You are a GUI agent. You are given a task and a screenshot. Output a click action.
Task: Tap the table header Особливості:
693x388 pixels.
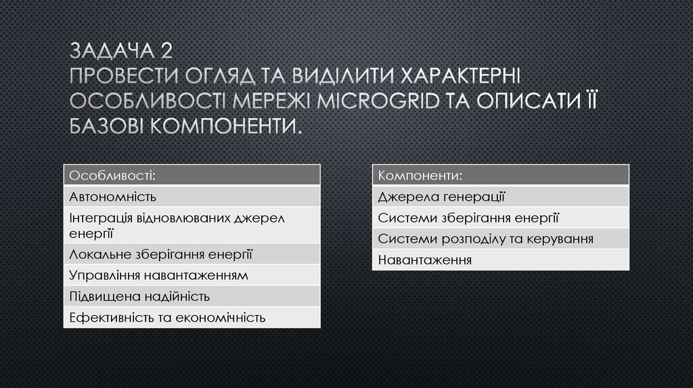[x=192, y=176]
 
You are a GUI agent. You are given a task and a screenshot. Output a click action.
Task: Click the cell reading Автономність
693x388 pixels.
[x=192, y=197]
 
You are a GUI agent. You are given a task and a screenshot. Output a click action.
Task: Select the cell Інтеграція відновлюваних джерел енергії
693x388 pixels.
[x=192, y=225]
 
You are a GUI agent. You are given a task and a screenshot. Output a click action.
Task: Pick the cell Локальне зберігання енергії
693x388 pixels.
[x=192, y=253]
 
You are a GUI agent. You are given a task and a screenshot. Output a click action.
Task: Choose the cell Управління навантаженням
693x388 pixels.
[x=192, y=275]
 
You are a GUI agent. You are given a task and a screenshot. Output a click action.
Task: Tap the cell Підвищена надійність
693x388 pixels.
[x=192, y=296]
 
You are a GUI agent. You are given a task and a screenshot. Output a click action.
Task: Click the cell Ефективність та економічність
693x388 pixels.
[x=192, y=317]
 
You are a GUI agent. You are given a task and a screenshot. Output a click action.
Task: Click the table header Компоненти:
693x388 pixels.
[x=500, y=176]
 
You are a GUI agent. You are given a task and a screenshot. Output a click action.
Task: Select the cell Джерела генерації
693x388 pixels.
[x=500, y=197]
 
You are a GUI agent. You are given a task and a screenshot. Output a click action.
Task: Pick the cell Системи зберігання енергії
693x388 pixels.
[x=500, y=218]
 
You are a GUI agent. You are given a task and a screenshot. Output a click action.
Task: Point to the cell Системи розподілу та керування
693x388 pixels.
[x=500, y=239]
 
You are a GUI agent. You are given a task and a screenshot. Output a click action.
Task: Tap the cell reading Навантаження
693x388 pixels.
[x=500, y=260]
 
